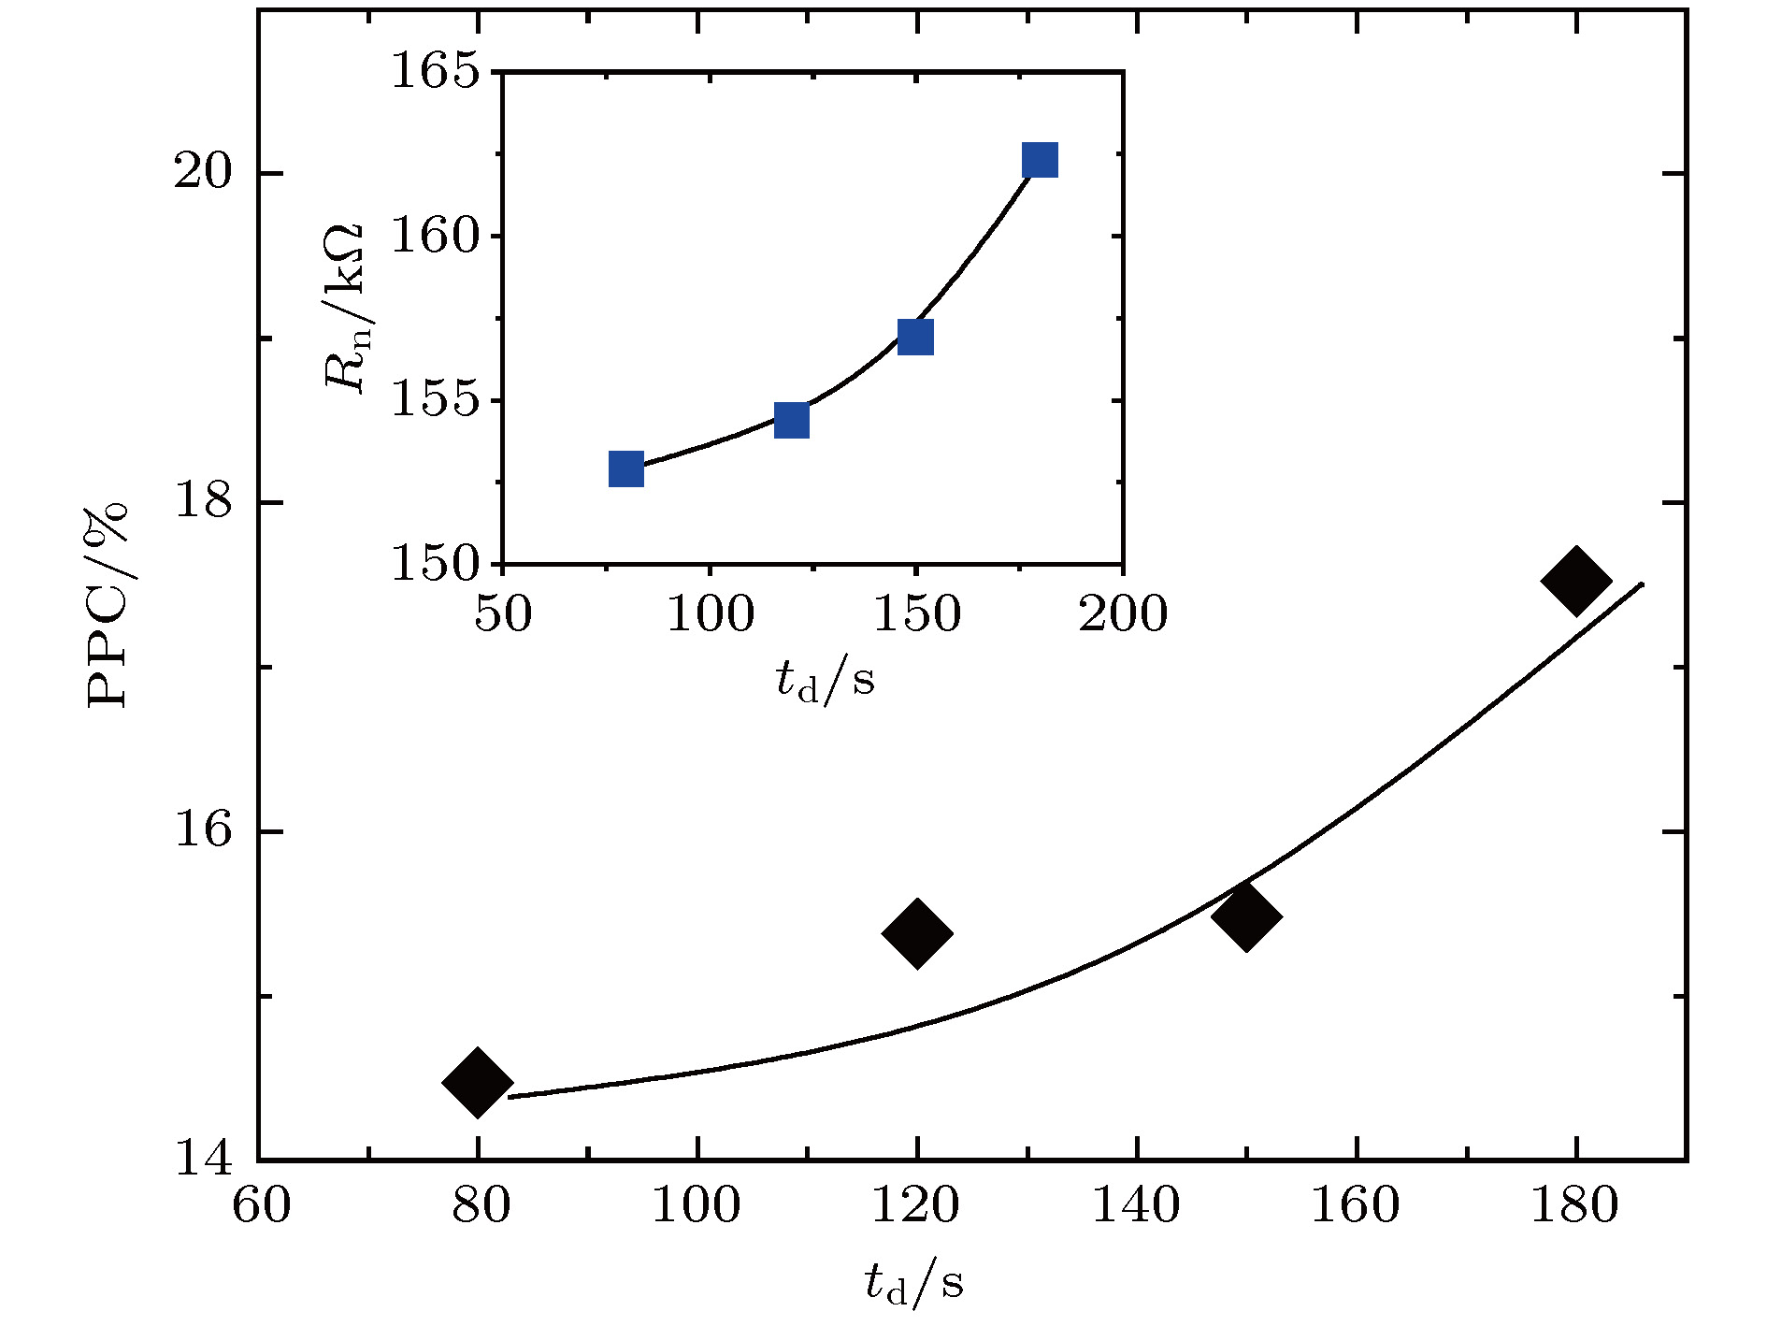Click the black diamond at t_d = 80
point(477,1082)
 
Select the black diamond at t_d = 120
point(916,932)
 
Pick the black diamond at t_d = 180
point(1575,581)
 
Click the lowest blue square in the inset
point(626,468)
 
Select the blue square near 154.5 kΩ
point(791,421)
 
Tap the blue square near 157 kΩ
point(915,337)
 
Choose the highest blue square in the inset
point(1040,161)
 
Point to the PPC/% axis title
point(107,606)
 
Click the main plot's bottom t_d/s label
point(913,1283)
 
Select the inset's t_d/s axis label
point(826,679)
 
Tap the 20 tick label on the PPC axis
point(202,174)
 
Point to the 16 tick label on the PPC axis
point(202,831)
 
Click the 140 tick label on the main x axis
point(1136,1206)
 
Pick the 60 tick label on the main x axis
point(261,1206)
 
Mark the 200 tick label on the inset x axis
point(1123,614)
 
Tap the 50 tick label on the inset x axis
point(503,614)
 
